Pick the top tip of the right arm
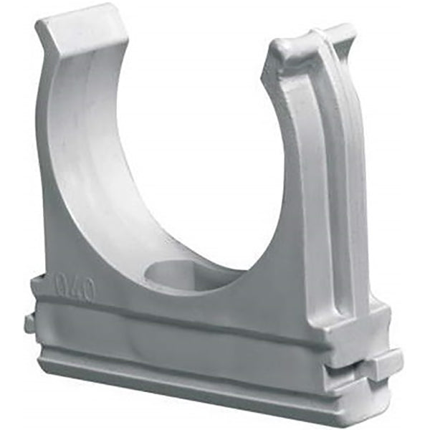337,32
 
